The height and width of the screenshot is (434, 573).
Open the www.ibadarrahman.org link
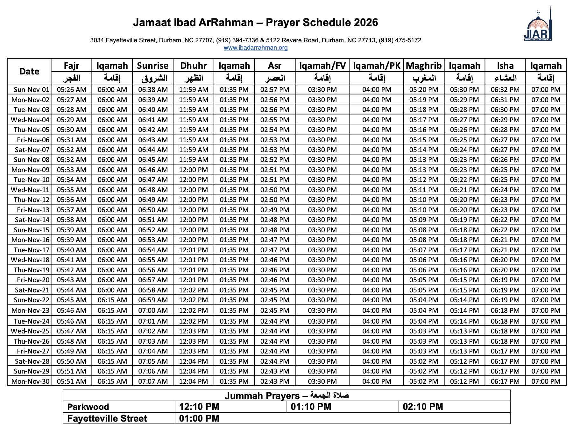(x=256, y=48)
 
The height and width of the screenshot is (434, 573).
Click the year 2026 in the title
(x=366, y=23)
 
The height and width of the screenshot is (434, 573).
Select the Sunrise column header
(x=153, y=66)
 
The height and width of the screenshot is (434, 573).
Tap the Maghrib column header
(x=424, y=66)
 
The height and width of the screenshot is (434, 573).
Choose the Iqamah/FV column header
(x=322, y=66)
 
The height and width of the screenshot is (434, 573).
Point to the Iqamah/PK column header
(x=377, y=66)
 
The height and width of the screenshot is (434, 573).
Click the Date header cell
(x=29, y=71)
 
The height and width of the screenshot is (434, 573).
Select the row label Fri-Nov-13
(x=33, y=210)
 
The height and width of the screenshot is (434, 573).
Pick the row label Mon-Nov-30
(x=31, y=381)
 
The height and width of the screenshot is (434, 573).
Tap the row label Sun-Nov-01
(x=32, y=90)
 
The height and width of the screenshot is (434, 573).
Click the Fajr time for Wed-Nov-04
(x=72, y=120)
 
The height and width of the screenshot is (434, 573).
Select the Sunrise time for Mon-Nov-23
(x=153, y=311)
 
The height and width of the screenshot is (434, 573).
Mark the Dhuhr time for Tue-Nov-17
(x=194, y=250)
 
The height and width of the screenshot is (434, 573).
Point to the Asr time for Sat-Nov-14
(x=275, y=220)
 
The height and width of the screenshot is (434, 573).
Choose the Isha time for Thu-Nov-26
(x=505, y=341)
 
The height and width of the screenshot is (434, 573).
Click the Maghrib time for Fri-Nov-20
(x=424, y=280)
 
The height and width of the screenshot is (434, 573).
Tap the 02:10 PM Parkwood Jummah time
(x=423, y=407)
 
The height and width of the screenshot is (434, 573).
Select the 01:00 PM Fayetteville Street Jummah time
(x=199, y=418)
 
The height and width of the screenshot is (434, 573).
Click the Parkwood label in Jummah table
(x=88, y=407)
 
